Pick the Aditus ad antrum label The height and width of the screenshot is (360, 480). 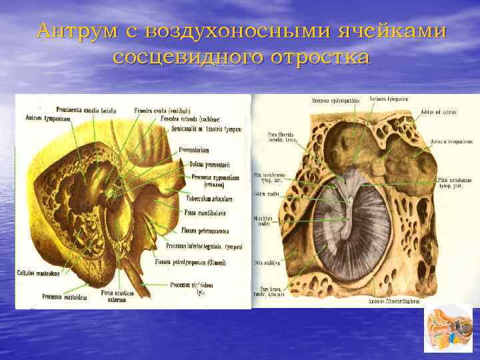(439, 112)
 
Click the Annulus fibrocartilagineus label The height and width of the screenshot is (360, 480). (393, 301)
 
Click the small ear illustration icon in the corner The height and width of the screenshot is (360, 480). (447, 328)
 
